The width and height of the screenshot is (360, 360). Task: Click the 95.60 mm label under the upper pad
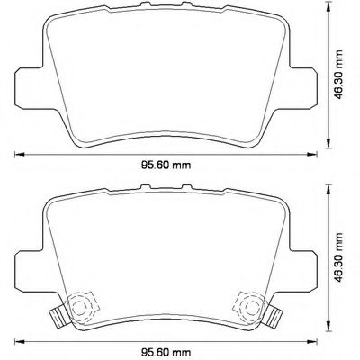[170, 166]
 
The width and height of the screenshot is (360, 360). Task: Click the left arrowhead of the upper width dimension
[19, 154]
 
